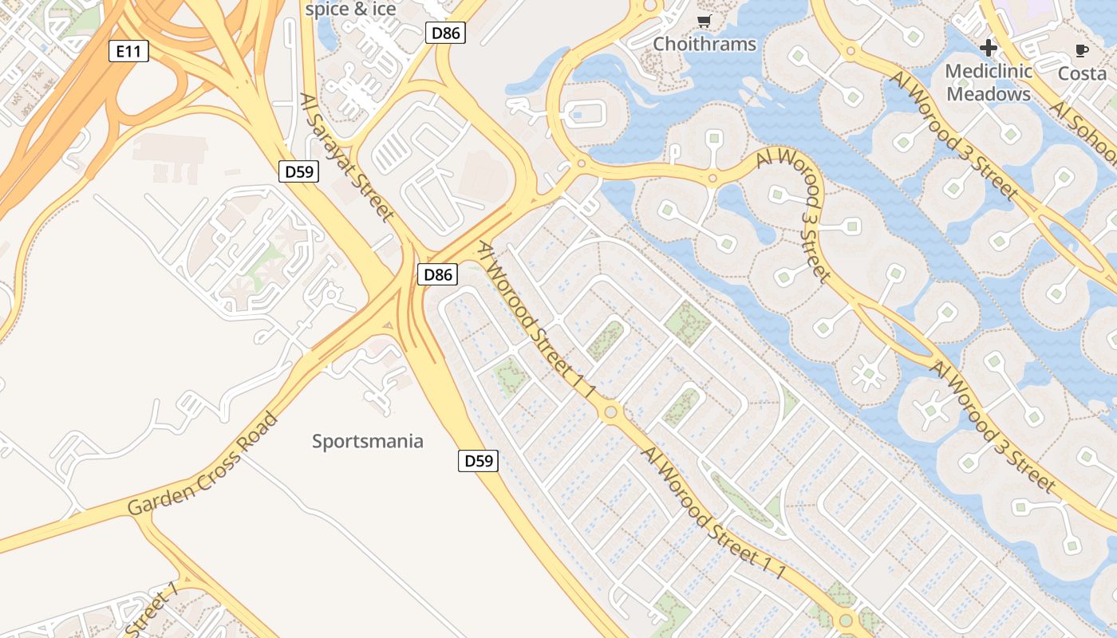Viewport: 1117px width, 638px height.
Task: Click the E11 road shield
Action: point(128,52)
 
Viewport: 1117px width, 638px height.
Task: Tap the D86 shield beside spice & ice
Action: point(445,33)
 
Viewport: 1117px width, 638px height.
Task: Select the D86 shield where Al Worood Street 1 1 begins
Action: point(438,275)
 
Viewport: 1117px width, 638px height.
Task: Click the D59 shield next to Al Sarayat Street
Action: point(299,171)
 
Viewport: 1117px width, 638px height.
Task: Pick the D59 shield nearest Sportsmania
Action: point(478,461)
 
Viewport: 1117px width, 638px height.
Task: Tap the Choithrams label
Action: point(705,44)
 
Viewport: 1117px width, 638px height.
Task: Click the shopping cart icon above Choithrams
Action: point(704,22)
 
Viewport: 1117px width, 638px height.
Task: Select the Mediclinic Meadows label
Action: point(989,82)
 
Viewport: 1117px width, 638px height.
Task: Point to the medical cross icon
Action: point(989,48)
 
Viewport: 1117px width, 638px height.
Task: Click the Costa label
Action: point(1082,73)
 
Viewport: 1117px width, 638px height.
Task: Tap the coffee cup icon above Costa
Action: point(1081,51)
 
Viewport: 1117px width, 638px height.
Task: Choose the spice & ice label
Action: point(350,10)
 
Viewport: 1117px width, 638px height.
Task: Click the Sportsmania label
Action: point(367,441)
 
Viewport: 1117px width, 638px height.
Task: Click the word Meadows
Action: point(989,94)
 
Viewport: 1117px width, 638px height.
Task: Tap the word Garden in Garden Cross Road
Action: point(162,495)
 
